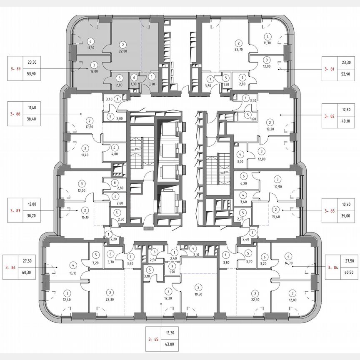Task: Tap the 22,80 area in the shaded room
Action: [x=122, y=52]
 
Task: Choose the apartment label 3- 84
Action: [x=332, y=267]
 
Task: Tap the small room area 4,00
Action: [x=115, y=153]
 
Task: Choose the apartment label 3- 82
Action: [x=330, y=116]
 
